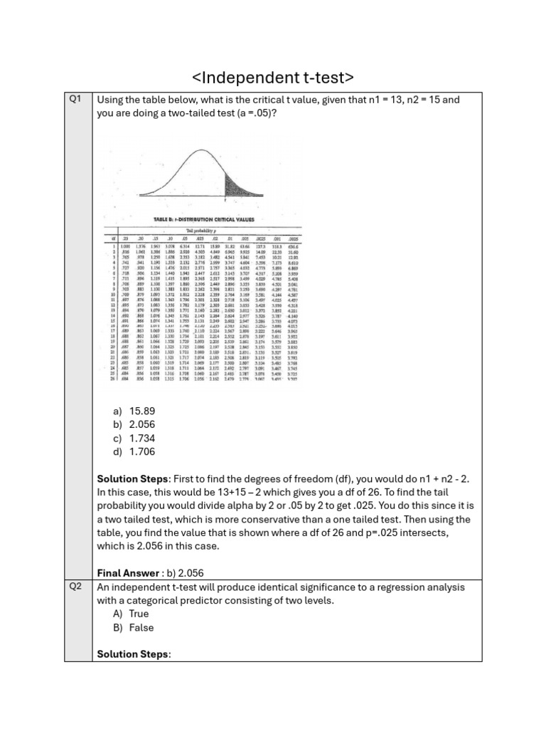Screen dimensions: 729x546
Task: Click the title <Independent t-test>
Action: pos(273,77)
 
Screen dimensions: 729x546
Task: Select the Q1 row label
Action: pos(76,100)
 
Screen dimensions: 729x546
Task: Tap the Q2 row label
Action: pos(76,587)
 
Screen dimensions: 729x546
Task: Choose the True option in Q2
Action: pos(139,614)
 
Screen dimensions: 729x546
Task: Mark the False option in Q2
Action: pos(141,628)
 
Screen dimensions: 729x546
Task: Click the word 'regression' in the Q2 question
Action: pos(394,587)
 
